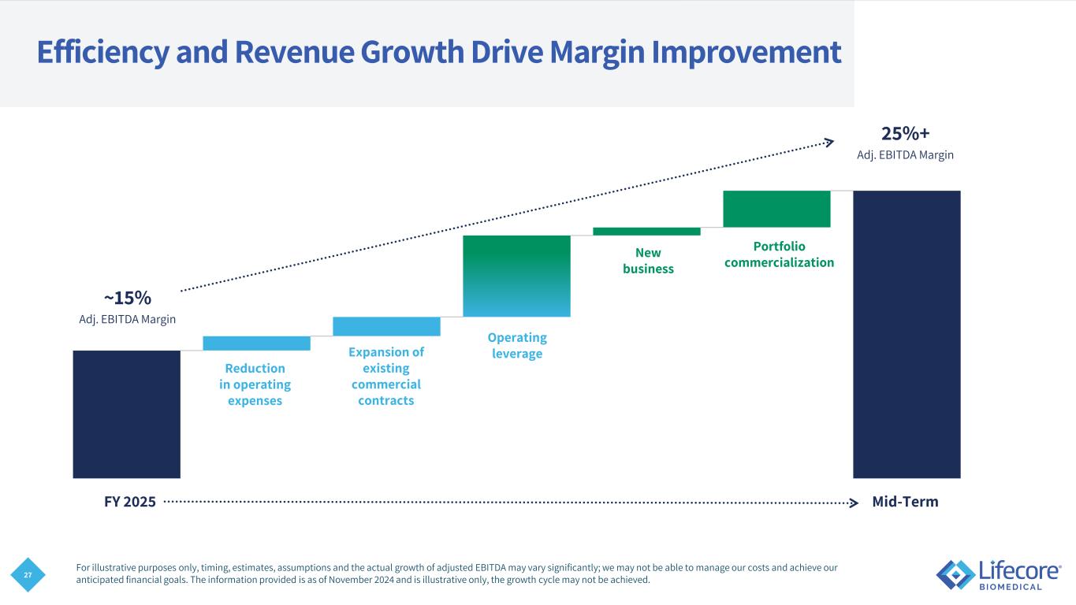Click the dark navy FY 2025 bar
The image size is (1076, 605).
[x=126, y=414]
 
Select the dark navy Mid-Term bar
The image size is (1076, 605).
[x=907, y=334]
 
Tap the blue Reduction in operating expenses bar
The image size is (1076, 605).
[x=256, y=343]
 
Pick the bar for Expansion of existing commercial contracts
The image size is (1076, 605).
[x=386, y=326]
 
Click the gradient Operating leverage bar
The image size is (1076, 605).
[x=516, y=276]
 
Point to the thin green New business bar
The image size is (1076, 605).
[x=646, y=232]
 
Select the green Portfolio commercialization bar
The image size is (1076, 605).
[x=776, y=209]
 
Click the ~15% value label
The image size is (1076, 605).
[x=127, y=298]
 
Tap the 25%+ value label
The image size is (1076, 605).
[x=905, y=132]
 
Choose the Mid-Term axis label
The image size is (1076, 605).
[x=905, y=502]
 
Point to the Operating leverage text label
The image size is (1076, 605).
[x=517, y=346]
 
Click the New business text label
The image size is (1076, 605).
[x=648, y=261]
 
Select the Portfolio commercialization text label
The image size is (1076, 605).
[x=779, y=254]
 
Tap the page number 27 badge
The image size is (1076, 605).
[x=28, y=576]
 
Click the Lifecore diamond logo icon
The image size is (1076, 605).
[x=955, y=573]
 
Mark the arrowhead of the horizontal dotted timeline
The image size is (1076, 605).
[x=854, y=503]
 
